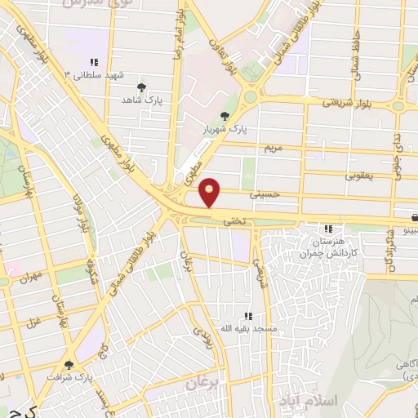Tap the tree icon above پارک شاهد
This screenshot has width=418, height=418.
coord(142,87)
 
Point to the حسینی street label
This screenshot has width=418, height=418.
coord(267,194)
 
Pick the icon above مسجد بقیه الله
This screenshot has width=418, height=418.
coord(247,315)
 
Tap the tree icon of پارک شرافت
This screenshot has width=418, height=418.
coord(67,366)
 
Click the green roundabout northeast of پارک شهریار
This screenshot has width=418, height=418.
coord(250,96)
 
